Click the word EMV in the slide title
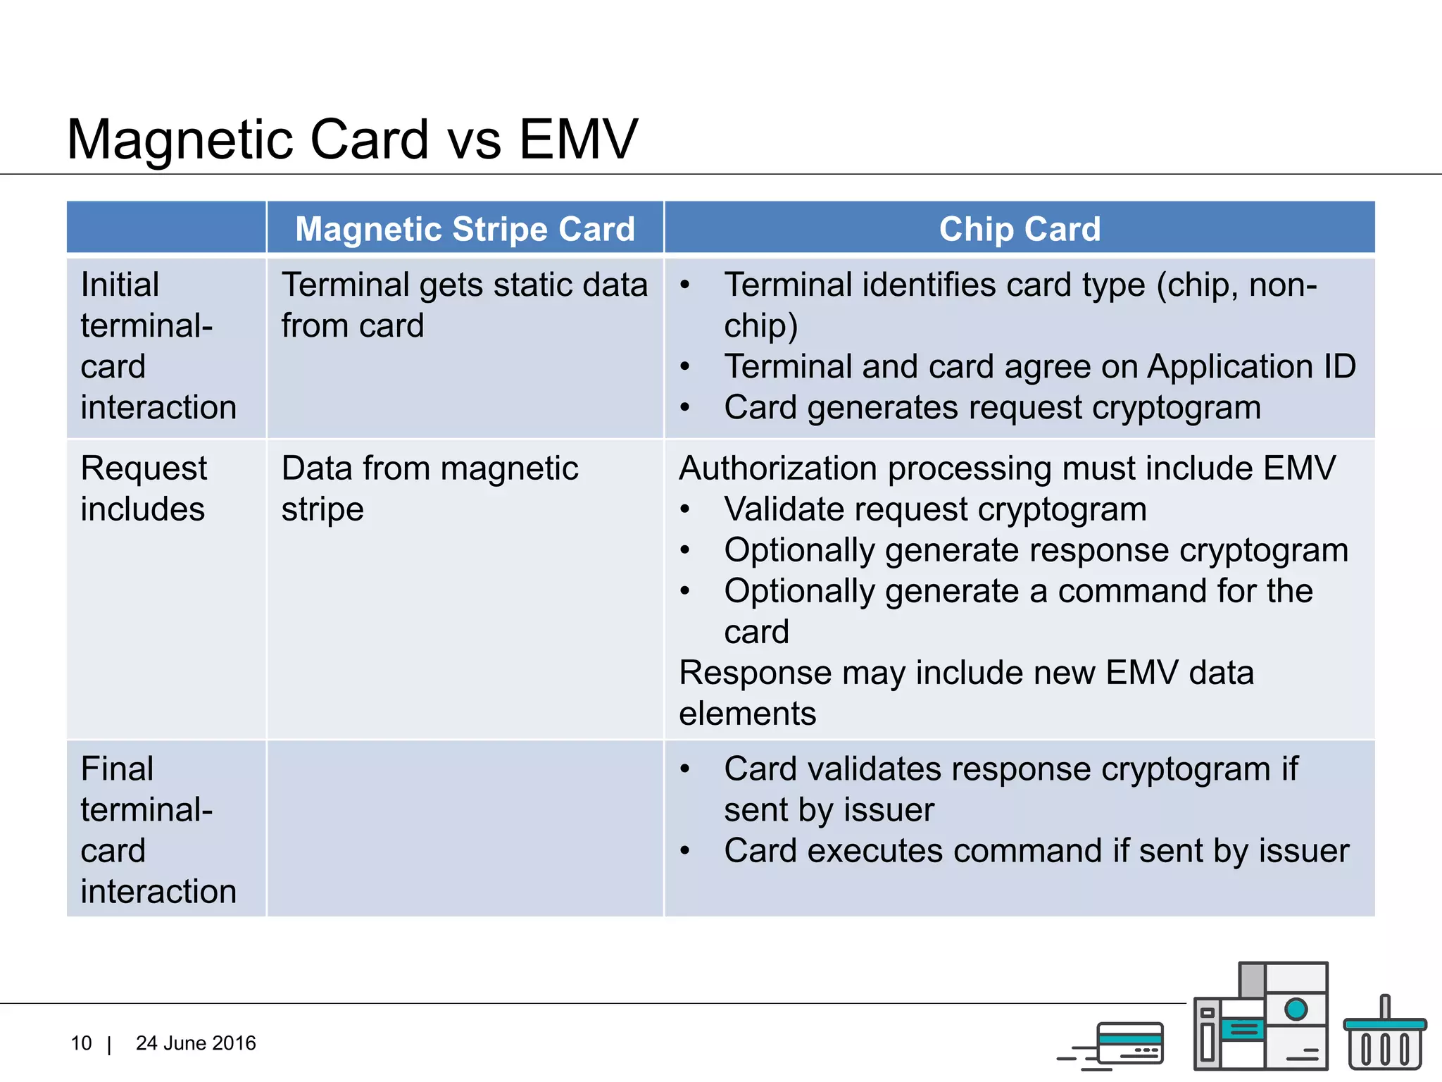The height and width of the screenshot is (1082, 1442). click(x=577, y=139)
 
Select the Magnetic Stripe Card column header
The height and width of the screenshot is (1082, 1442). click(x=465, y=229)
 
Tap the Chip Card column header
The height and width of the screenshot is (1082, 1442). click(x=1019, y=229)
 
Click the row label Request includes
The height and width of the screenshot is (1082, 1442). click(x=144, y=488)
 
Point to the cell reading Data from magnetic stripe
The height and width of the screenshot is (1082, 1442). click(x=430, y=488)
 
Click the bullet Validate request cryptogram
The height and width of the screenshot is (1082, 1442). click(x=935, y=509)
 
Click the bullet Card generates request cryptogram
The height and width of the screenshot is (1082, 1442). click(x=991, y=408)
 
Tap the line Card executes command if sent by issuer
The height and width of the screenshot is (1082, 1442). click(x=1036, y=851)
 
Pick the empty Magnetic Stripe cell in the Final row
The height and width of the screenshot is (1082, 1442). click(x=465, y=828)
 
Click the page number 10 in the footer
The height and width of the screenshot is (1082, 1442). click(x=81, y=1043)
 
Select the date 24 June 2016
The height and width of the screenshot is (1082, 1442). click(x=196, y=1043)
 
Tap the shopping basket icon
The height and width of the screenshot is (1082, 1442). click(x=1384, y=1036)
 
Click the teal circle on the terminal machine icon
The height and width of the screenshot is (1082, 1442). click(x=1296, y=1009)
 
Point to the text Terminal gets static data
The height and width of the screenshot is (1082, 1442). click(x=464, y=285)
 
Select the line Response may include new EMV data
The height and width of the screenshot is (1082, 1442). click(x=966, y=673)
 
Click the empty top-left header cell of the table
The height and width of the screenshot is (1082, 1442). click(x=166, y=228)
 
